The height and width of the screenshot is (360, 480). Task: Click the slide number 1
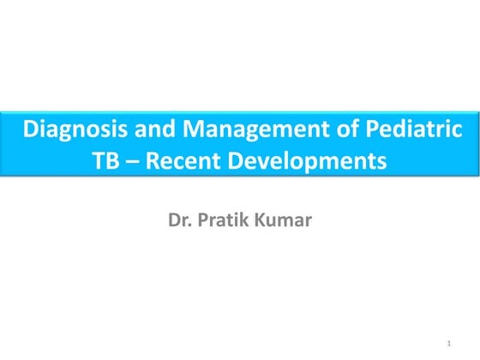coord(449,344)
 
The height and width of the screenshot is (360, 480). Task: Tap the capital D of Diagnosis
coord(31,131)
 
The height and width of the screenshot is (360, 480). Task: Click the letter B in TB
coord(113,160)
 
